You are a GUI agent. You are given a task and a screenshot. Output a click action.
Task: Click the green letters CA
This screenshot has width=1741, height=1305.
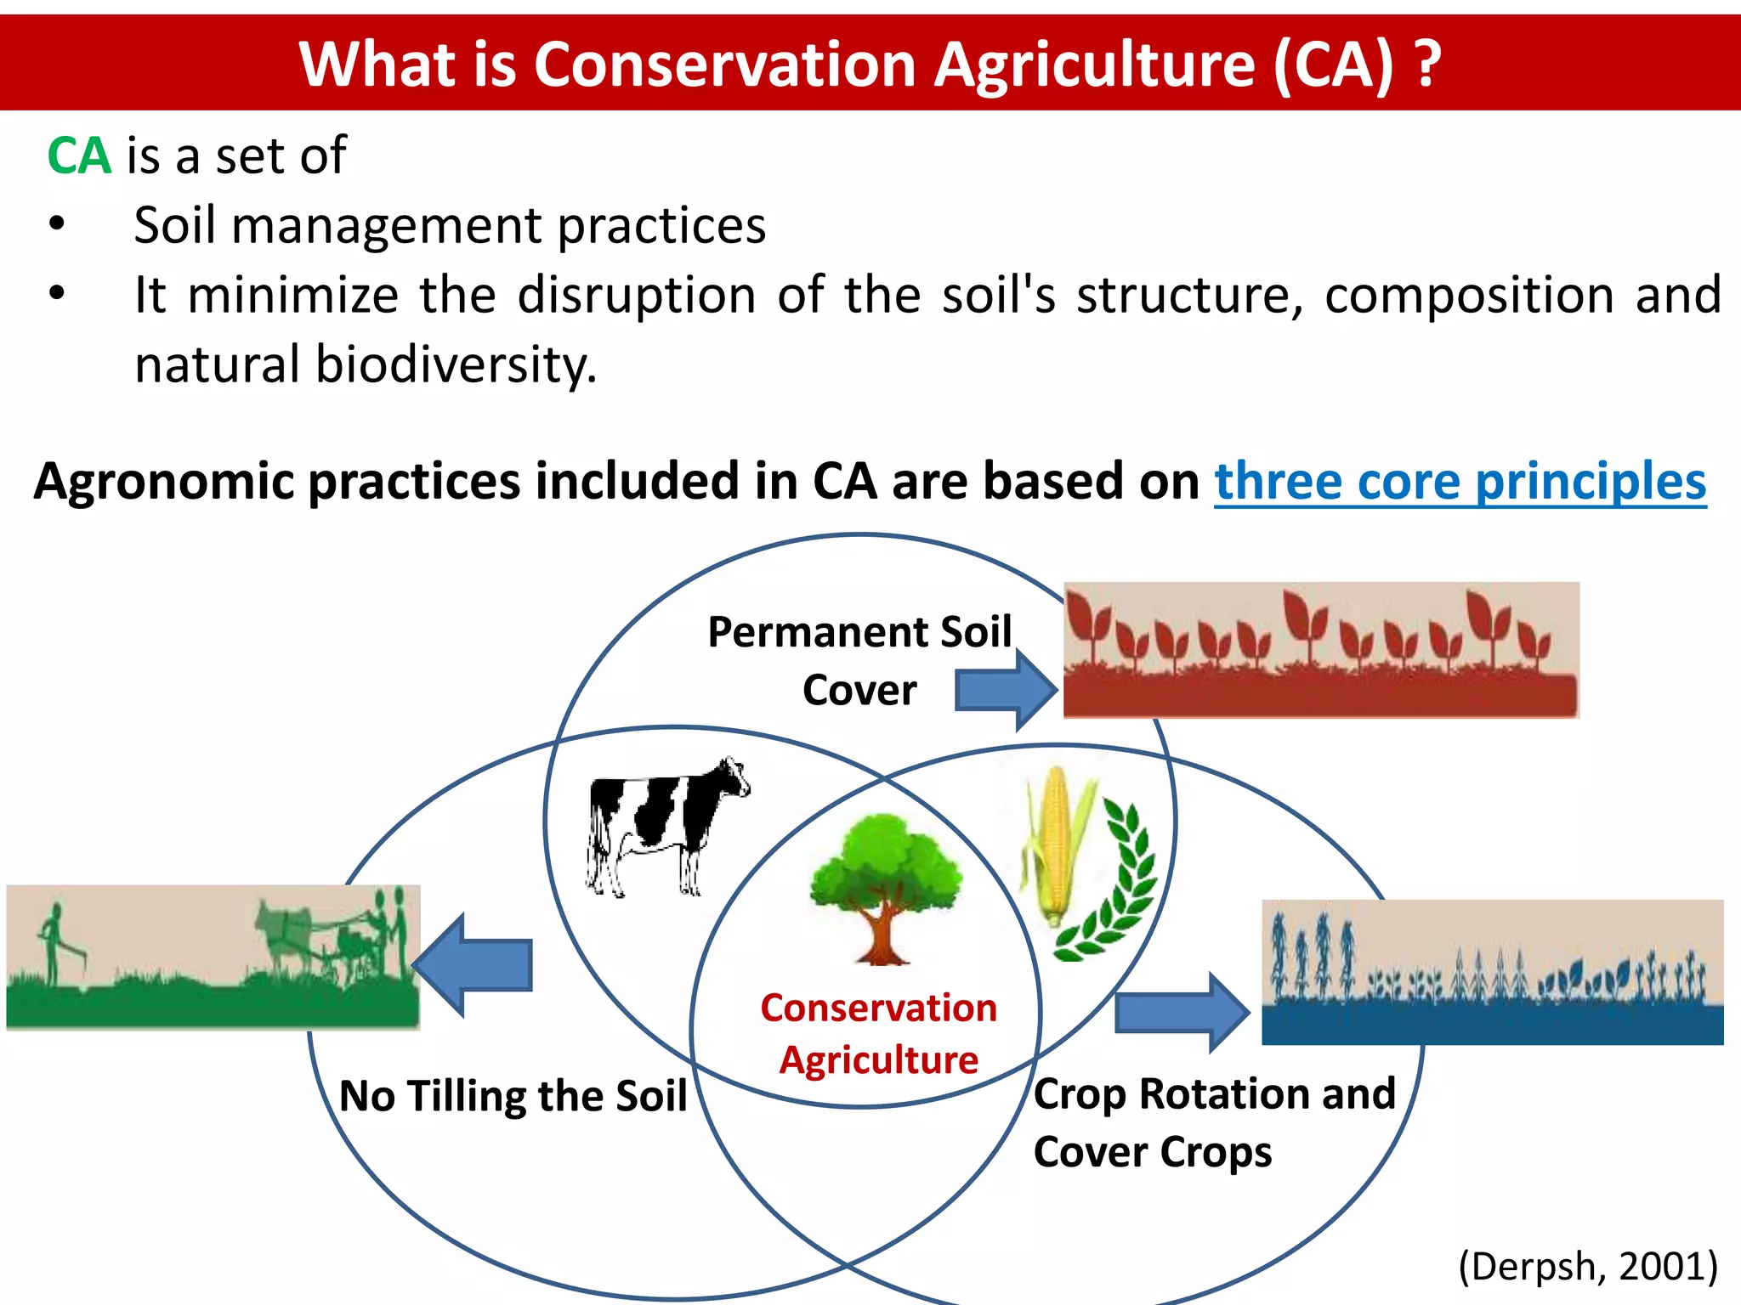coord(79,156)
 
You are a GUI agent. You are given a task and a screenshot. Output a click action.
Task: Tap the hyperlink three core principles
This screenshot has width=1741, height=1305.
coord(1460,482)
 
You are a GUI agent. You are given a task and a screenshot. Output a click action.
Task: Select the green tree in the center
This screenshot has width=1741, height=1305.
coord(885,884)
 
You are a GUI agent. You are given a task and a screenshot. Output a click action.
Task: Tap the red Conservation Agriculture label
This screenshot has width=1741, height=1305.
coord(878,1033)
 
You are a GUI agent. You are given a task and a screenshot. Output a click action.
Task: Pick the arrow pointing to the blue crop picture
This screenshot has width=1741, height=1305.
coord(1182,1012)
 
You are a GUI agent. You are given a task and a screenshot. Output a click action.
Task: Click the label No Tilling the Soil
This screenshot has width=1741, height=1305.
coord(513,1095)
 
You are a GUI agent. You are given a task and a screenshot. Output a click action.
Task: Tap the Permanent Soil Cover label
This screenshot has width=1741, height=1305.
coord(859,660)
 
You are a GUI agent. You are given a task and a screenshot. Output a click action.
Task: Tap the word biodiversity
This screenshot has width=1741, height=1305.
coord(456,364)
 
